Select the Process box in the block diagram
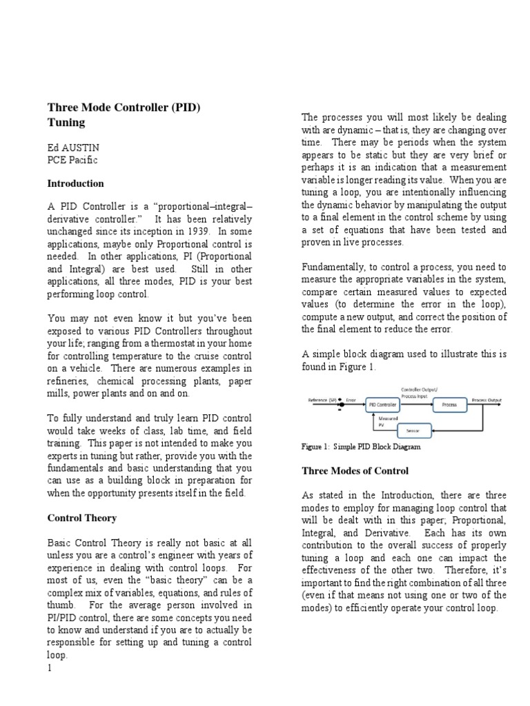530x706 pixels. pos(449,405)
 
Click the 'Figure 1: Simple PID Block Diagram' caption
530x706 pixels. pos(361,447)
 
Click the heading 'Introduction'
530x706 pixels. pos(75,184)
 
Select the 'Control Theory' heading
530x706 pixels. pos(81,518)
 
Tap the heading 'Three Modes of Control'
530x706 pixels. pos(355,471)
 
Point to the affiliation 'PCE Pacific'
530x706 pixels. pos(72,160)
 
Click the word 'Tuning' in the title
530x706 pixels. pos(66,123)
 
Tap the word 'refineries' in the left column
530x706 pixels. pos(68,381)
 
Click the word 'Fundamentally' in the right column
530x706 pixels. pos(334,267)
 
